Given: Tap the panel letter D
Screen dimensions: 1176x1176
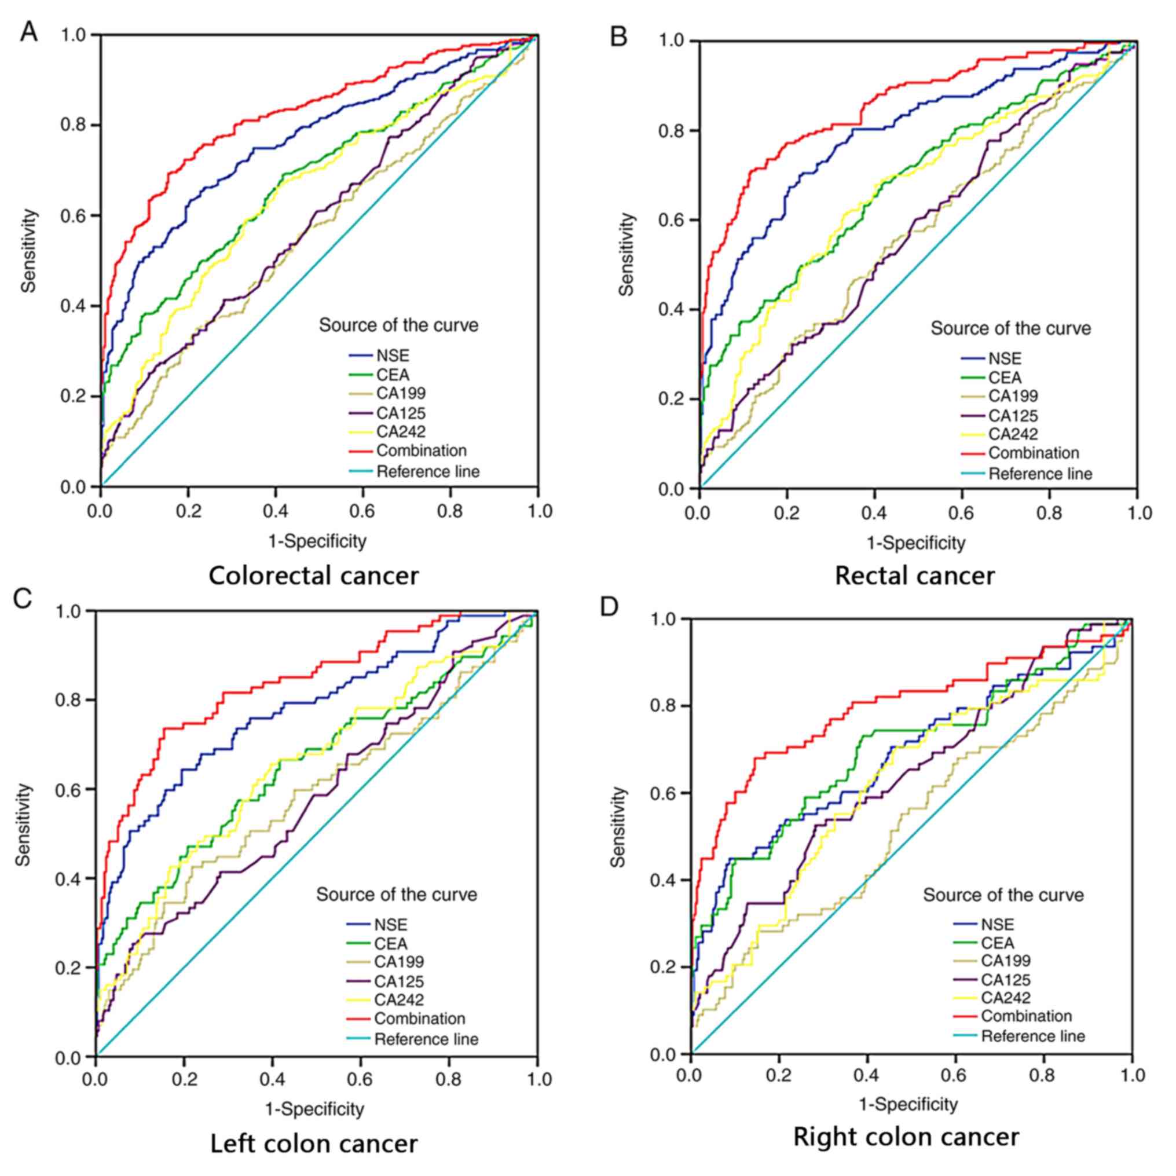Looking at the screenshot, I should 609,607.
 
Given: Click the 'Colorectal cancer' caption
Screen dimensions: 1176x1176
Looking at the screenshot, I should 313,576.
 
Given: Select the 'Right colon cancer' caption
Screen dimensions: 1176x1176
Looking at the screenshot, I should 906,1137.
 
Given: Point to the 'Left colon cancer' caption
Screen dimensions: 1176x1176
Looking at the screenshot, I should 313,1144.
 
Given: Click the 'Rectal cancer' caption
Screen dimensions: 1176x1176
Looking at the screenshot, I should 914,576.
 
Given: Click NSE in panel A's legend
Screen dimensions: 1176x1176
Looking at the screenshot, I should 393,356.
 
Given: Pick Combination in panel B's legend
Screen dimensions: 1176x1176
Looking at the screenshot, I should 1034,453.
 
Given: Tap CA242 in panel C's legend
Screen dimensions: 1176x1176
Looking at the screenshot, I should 399,999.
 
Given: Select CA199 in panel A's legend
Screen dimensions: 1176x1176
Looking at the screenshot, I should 401,393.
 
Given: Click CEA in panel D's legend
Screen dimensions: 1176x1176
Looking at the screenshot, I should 998,943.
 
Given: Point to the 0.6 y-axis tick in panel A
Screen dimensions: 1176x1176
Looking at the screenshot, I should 72,216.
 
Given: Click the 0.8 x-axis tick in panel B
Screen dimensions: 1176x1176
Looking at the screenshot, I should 1049,513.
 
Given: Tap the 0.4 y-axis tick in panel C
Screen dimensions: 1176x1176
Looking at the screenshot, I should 68,879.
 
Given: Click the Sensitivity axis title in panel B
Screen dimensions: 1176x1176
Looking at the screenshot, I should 627,254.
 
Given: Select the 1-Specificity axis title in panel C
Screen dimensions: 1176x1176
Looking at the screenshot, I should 314,1109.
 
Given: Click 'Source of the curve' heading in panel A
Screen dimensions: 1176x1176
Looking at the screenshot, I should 399,325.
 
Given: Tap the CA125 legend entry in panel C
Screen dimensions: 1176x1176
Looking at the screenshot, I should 399,981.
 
